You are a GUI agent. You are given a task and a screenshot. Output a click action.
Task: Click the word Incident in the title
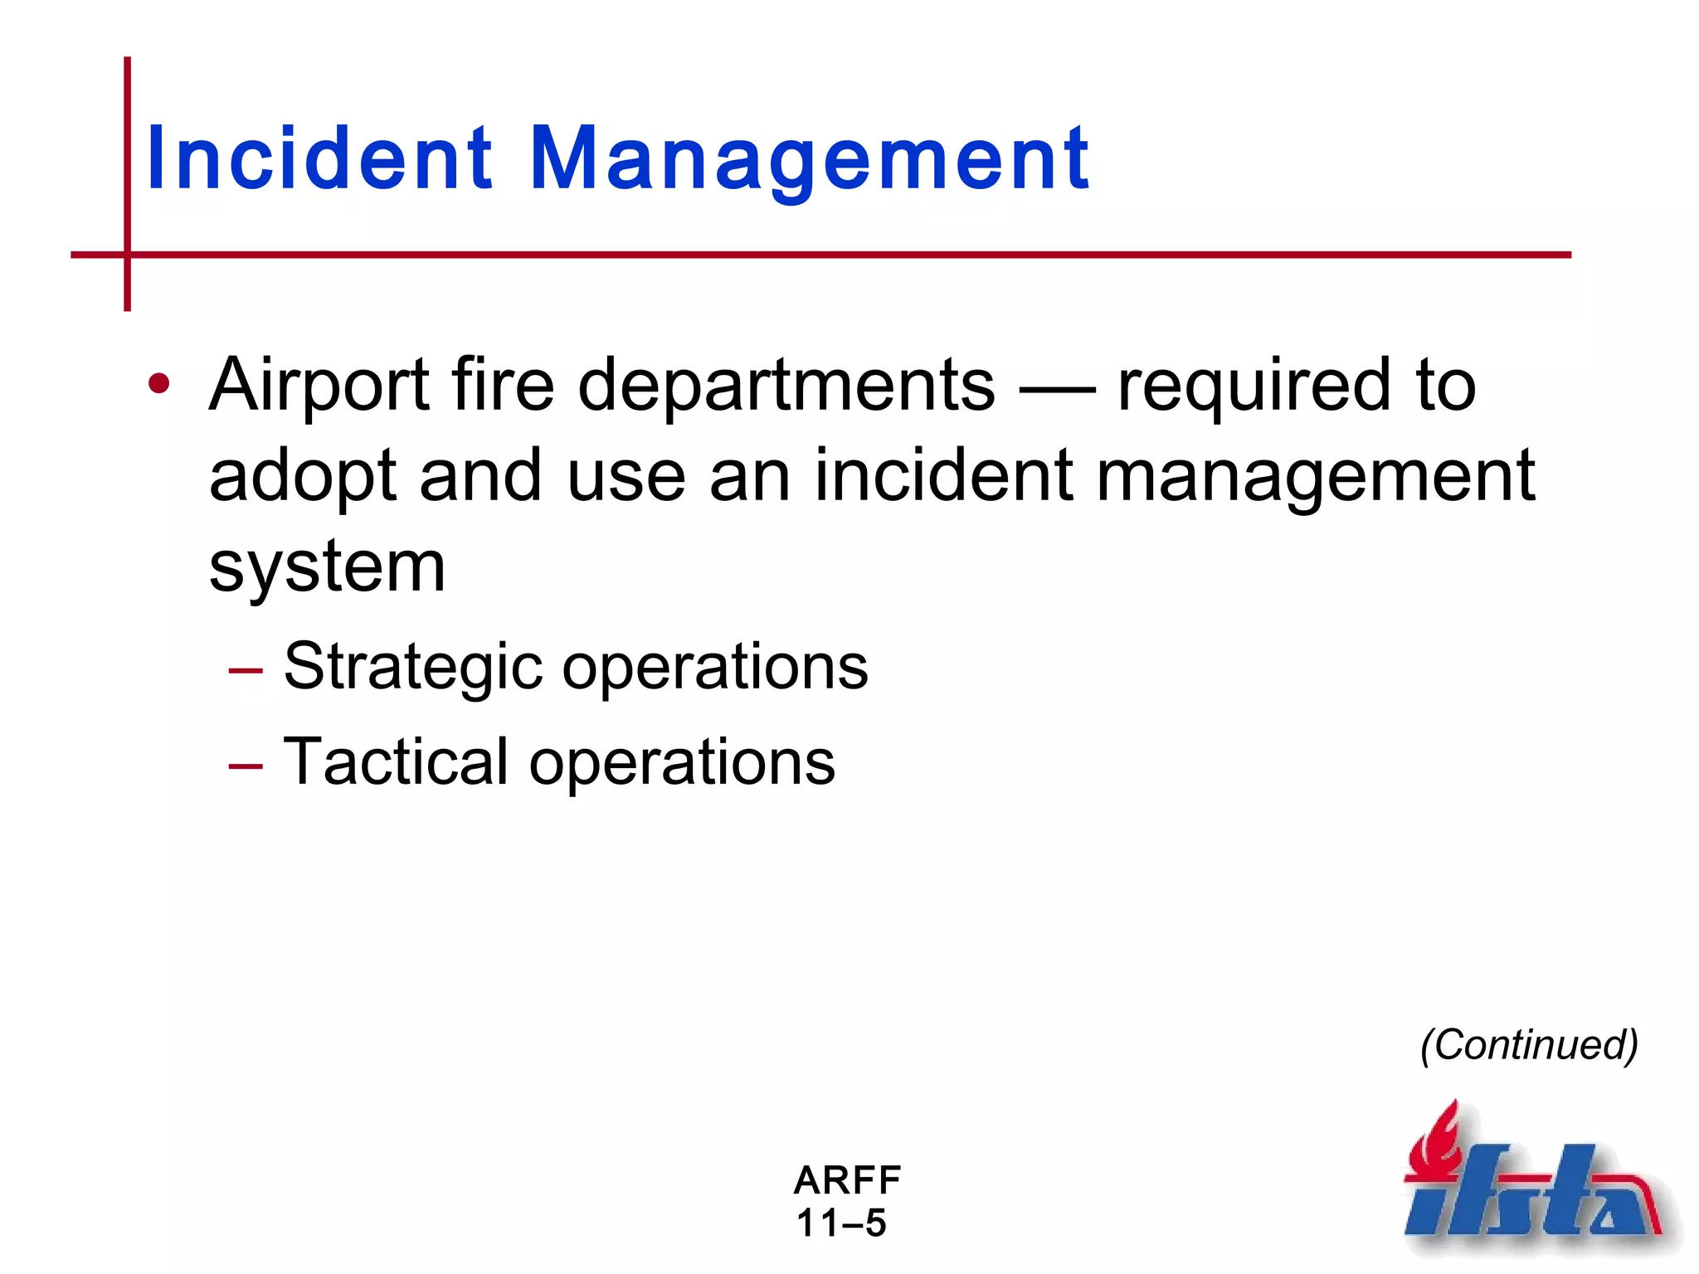(x=319, y=159)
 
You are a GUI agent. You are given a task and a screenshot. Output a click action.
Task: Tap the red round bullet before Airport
(x=158, y=384)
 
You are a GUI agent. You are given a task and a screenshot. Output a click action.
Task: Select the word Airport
(x=319, y=386)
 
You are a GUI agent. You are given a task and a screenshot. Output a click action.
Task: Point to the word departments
(x=786, y=386)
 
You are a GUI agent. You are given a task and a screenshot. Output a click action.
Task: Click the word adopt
(x=304, y=478)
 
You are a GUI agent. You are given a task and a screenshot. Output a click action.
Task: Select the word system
(x=327, y=569)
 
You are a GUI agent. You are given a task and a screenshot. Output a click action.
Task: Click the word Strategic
(x=413, y=669)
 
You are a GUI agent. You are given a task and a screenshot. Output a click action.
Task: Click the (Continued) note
(x=1529, y=1045)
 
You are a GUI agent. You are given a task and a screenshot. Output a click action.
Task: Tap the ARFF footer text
(x=847, y=1180)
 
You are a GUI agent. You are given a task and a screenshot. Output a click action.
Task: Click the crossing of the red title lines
(x=127, y=255)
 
